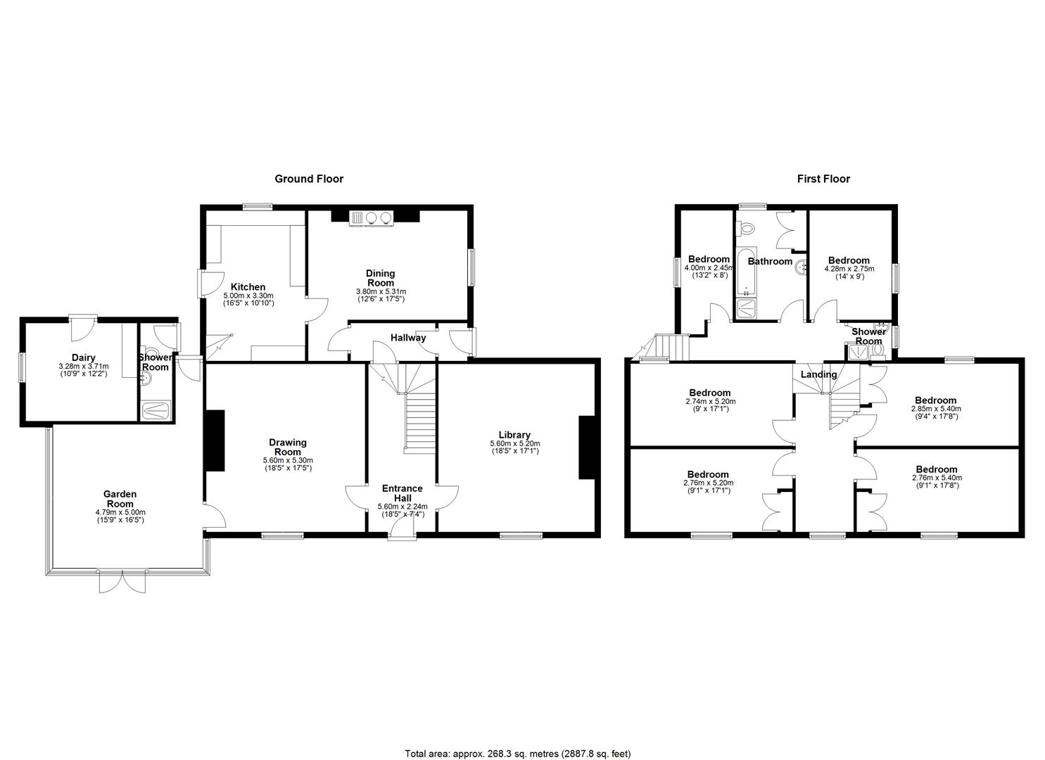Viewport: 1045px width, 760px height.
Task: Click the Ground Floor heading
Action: [x=309, y=179]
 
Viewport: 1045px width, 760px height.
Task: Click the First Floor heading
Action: [x=823, y=179]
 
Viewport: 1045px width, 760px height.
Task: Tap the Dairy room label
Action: [x=83, y=358]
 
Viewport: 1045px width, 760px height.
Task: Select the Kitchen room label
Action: [x=248, y=287]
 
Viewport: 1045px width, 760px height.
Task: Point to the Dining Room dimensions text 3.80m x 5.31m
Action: [x=380, y=291]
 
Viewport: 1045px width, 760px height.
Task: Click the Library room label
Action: [x=514, y=435]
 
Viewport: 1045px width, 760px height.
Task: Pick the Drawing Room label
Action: [x=288, y=447]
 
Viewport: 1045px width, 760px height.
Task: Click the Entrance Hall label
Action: [x=402, y=493]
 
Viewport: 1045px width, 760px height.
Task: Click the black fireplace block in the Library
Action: [x=585, y=448]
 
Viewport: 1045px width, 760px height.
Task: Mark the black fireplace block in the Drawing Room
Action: [x=215, y=441]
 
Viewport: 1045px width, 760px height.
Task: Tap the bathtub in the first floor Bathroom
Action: [x=744, y=272]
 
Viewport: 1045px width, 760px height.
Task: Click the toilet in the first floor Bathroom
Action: [x=747, y=229]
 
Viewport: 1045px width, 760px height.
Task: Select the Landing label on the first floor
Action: [x=818, y=374]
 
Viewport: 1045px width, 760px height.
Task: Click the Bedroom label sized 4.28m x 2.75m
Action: [x=849, y=260]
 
